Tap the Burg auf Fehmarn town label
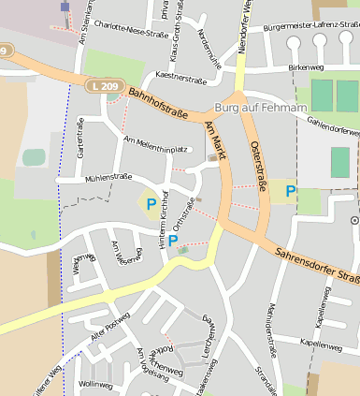click(261, 109)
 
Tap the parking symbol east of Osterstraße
click(291, 191)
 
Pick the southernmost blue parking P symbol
click(173, 241)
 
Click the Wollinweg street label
click(95, 384)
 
